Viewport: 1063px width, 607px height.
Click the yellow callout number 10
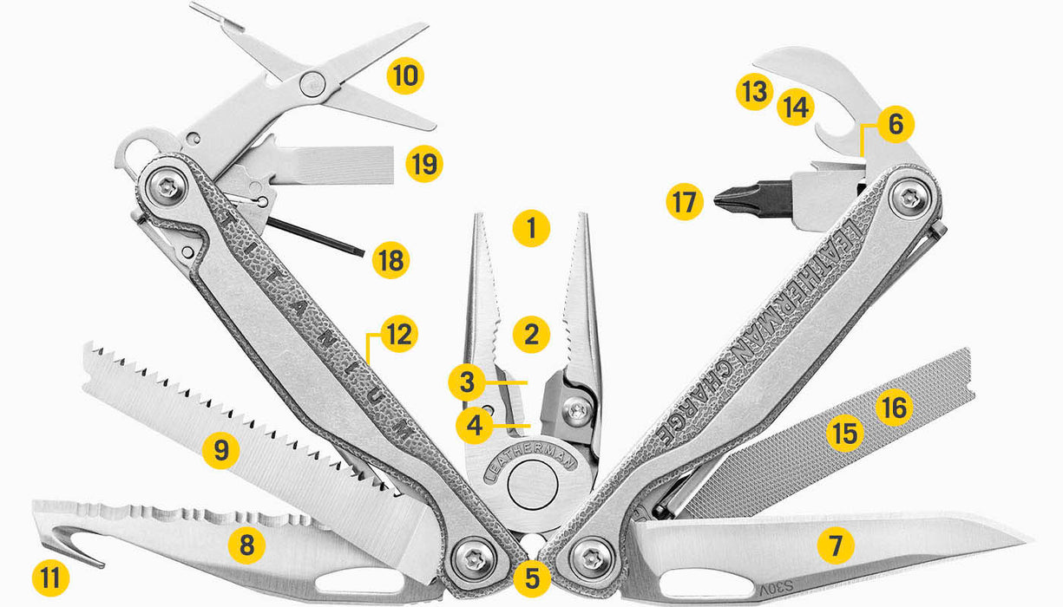tap(404, 75)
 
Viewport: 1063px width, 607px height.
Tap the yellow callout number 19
tap(424, 163)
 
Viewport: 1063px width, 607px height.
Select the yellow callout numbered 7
tap(837, 545)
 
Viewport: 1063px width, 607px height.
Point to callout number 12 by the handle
tap(398, 334)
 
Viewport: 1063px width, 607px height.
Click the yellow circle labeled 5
tap(531, 576)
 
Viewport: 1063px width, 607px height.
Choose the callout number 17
tap(685, 203)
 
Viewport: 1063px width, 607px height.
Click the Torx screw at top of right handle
tap(910, 199)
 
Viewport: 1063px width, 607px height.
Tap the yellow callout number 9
tap(220, 451)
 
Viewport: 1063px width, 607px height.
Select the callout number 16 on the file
tap(894, 407)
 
